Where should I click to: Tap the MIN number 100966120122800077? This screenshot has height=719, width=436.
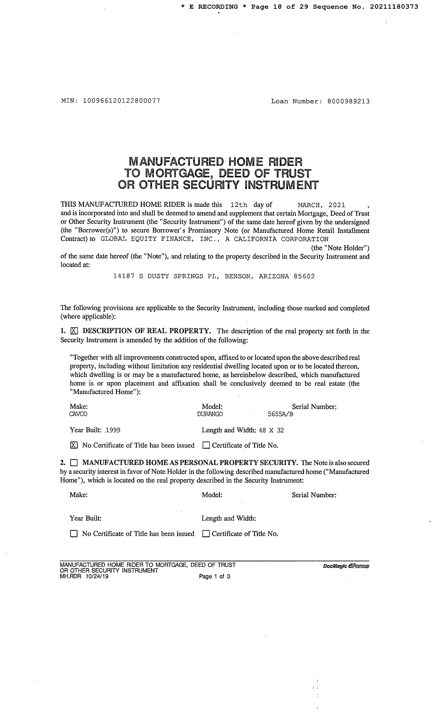(122, 101)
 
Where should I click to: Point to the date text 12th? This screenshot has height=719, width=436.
(239, 205)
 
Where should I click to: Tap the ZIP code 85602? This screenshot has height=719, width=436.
(304, 276)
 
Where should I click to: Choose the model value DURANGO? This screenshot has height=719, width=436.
(210, 414)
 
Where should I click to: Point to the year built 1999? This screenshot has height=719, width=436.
(113, 430)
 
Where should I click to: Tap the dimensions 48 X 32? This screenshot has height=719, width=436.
(271, 430)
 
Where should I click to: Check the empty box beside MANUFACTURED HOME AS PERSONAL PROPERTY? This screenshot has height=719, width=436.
(74, 463)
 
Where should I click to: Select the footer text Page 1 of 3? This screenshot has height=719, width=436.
(215, 576)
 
